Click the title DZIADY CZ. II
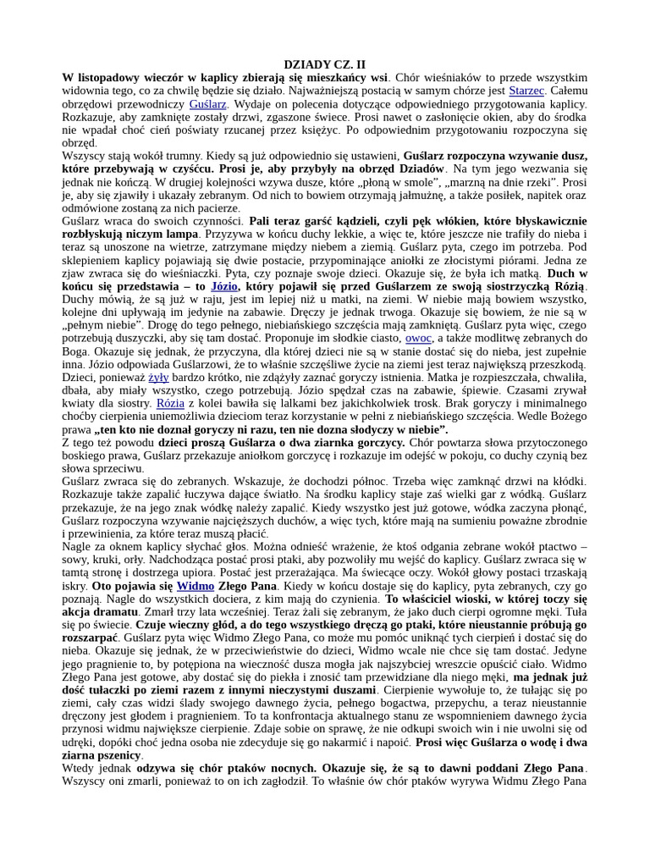click(324, 64)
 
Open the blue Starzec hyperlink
click(526, 91)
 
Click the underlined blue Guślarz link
click(207, 104)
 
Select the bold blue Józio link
click(223, 286)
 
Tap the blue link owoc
click(418, 338)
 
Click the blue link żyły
click(158, 377)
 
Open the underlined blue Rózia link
click(170, 403)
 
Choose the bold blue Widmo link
click(195, 586)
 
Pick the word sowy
click(75, 560)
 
